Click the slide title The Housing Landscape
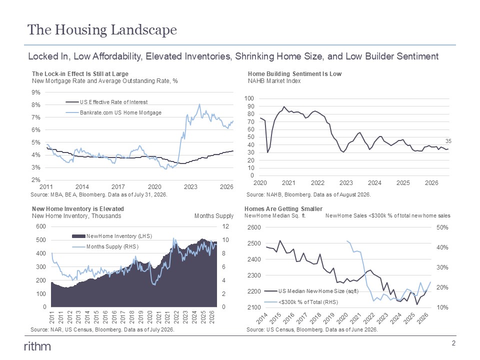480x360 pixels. point(102,30)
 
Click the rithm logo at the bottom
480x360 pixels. point(37,346)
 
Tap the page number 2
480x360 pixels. point(453,343)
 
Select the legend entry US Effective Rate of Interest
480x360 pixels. point(106,102)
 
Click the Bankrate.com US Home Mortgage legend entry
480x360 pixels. point(113,112)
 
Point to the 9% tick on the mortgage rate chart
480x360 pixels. point(36,92)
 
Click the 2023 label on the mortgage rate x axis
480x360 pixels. point(190,186)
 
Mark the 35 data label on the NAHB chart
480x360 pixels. point(448,141)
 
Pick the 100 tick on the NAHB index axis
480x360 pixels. point(249,98)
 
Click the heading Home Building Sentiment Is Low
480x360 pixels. point(294,74)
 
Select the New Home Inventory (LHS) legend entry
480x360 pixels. point(112,236)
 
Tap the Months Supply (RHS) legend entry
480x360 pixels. point(105,246)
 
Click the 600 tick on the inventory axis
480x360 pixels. point(41,226)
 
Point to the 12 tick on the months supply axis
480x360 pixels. point(225,226)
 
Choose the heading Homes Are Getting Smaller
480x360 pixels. point(283,209)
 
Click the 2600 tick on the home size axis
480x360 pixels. point(254,227)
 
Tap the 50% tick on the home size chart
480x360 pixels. point(442,227)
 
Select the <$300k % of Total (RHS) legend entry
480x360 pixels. point(301,302)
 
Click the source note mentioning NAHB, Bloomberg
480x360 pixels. point(308,194)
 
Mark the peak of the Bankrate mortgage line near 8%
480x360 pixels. point(199,104)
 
